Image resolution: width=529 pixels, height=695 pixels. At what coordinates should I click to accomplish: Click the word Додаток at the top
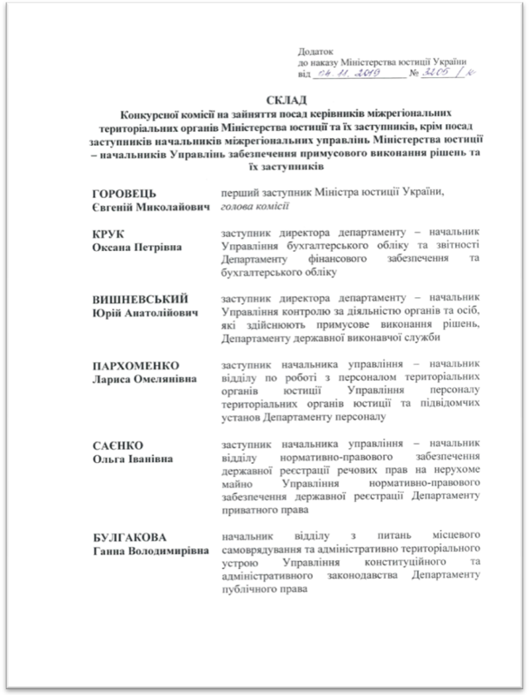316,51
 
